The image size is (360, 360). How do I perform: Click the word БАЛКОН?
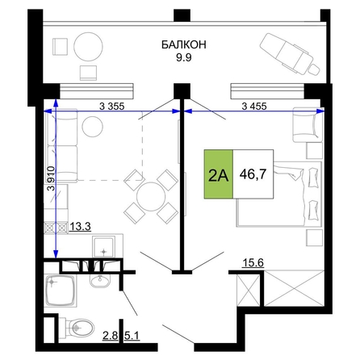(x=184, y=44)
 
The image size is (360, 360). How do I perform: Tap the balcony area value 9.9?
(x=184, y=58)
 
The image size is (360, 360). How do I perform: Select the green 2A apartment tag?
(x=219, y=174)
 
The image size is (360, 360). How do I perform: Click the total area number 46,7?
(x=253, y=174)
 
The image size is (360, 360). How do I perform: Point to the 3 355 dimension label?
(x=112, y=107)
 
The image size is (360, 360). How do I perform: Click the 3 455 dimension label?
(x=254, y=107)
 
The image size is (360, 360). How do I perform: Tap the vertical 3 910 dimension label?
(x=51, y=178)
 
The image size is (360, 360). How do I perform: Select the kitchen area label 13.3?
(x=81, y=227)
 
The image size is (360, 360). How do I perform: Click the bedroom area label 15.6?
(x=253, y=262)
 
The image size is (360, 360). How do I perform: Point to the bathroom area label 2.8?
(x=111, y=336)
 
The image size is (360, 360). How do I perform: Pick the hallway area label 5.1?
(x=132, y=336)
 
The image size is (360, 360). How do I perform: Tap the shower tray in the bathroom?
(x=61, y=291)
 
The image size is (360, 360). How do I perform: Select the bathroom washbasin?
(x=100, y=281)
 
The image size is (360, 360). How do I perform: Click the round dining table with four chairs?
(x=151, y=196)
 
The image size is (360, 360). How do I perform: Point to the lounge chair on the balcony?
(x=290, y=54)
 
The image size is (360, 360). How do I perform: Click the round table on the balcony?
(x=88, y=47)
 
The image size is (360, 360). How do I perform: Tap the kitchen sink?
(x=104, y=247)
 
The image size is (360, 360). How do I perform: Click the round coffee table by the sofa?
(x=93, y=127)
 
